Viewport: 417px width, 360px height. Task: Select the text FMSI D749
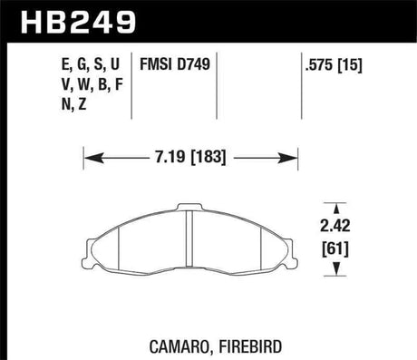176,65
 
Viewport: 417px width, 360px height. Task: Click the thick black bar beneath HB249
208,43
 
